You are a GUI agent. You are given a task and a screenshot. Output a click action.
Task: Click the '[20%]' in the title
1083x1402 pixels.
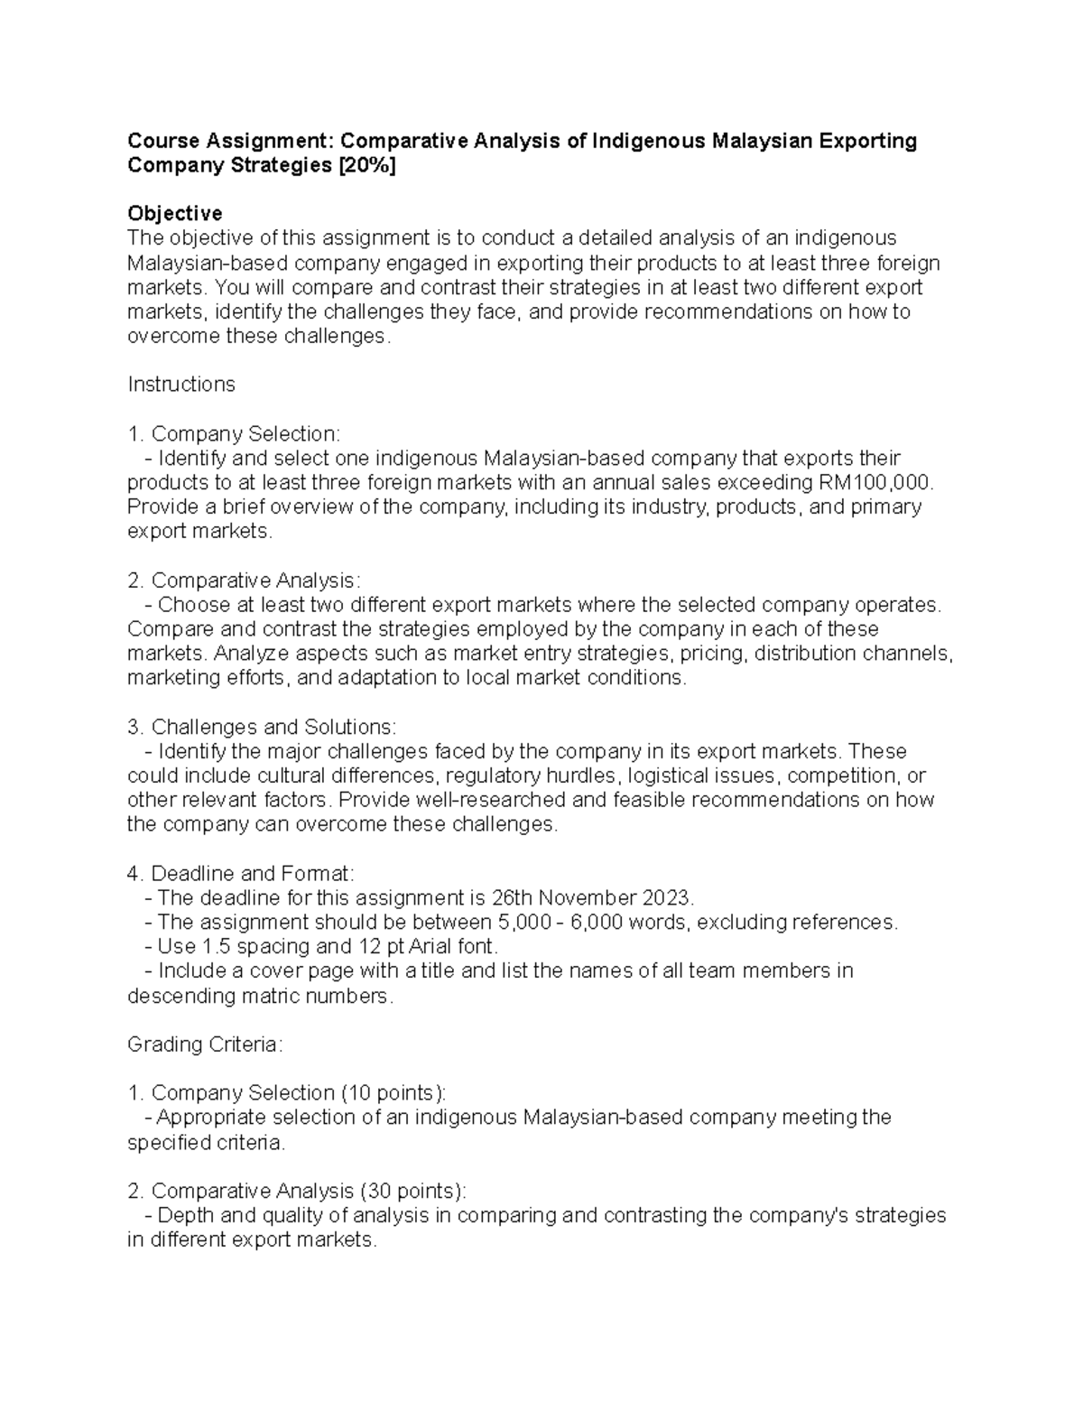[x=366, y=166]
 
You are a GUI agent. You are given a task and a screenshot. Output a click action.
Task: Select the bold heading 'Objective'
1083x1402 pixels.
[x=175, y=214]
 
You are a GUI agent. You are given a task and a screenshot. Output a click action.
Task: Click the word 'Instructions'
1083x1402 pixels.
[x=181, y=385]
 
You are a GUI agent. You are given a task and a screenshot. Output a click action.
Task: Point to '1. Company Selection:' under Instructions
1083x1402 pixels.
[x=235, y=433]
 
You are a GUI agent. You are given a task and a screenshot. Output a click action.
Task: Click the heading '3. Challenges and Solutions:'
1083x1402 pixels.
[x=261, y=727]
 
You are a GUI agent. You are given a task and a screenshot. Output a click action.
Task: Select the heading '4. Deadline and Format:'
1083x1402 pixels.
[x=241, y=874]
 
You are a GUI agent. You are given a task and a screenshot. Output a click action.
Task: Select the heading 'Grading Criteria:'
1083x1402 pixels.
[x=206, y=1045]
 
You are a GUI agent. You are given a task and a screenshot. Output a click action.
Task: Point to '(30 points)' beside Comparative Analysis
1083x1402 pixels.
[x=413, y=1191]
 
